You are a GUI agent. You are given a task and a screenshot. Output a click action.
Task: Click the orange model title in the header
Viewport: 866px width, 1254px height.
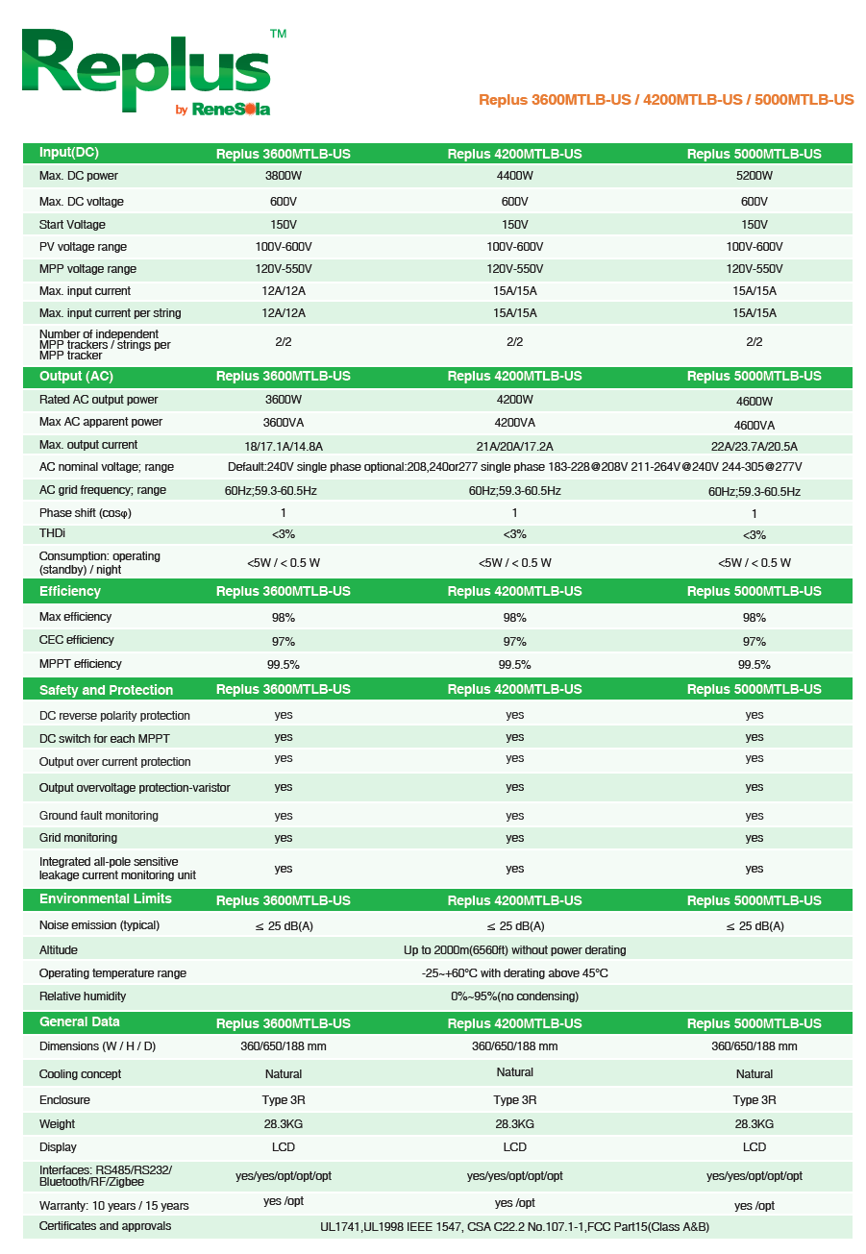666,100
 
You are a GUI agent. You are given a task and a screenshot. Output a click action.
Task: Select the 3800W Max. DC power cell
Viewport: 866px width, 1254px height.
283,176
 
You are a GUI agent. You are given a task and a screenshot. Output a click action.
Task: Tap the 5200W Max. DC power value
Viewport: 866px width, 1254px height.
754,176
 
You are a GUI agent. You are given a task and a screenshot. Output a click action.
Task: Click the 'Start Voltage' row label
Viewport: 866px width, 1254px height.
72,225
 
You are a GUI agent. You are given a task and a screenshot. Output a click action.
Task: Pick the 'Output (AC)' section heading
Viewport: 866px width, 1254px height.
76,377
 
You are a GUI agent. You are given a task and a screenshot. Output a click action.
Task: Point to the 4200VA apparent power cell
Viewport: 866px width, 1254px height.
514,423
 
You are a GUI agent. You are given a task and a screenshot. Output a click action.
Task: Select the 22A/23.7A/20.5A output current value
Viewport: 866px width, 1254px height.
754,446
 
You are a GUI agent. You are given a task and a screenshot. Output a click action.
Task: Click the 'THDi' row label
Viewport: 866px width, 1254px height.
52,534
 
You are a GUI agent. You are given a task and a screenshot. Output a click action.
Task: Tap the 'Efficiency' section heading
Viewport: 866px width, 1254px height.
69,592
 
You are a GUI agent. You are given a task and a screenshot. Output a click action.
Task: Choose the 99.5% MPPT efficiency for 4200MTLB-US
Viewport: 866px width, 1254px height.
514,665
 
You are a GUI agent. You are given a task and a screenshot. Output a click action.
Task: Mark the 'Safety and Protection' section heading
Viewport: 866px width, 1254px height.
106,690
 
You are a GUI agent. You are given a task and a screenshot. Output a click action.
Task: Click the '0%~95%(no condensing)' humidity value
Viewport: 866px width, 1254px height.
514,996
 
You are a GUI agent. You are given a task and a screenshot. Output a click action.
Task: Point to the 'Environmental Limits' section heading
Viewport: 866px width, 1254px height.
105,899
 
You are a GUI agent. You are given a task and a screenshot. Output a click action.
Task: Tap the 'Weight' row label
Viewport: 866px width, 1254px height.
57,1124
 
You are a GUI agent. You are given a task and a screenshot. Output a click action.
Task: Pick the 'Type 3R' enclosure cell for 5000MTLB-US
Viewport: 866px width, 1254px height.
754,1100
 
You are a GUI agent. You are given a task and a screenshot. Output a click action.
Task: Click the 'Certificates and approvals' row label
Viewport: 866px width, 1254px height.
105,1226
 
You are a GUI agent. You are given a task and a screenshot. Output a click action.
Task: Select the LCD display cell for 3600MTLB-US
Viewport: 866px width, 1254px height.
283,1147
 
